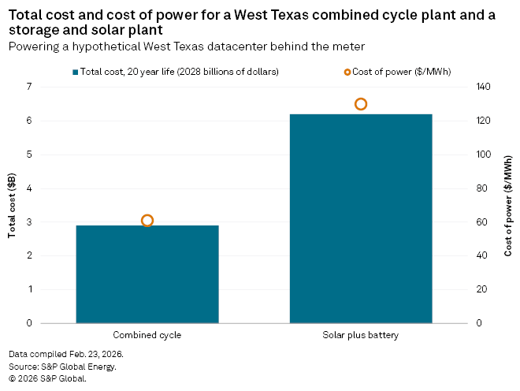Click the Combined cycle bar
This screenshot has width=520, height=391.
pos(147,274)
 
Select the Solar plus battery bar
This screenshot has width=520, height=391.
pos(361,218)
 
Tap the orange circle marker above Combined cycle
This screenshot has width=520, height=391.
pos(147,221)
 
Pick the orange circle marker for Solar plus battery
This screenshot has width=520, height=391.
pos(361,104)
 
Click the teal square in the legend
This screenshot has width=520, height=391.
pos(75,72)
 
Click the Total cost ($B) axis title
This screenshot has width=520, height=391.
pos(12,205)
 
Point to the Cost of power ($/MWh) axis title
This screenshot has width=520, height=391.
pos(508,205)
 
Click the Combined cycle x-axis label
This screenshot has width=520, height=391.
pos(147,335)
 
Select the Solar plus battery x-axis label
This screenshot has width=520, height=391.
pos(361,335)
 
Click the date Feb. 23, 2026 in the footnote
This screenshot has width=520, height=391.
pos(94,355)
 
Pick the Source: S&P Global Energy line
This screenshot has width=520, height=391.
pos(62,367)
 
